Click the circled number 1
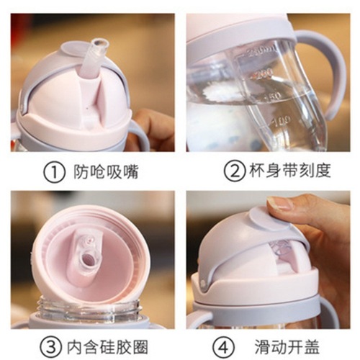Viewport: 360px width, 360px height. tap(54, 172)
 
